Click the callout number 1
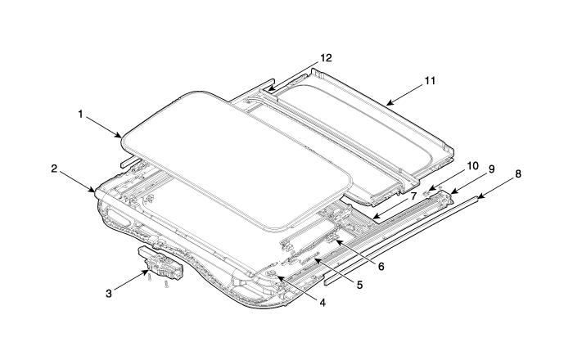click(80, 115)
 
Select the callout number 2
click(54, 169)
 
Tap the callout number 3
click(109, 293)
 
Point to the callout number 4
click(323, 303)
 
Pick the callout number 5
click(359, 285)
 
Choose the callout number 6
click(381, 267)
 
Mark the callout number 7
click(413, 196)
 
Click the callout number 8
click(518, 174)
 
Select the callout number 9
click(491, 169)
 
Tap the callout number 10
click(472, 166)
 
